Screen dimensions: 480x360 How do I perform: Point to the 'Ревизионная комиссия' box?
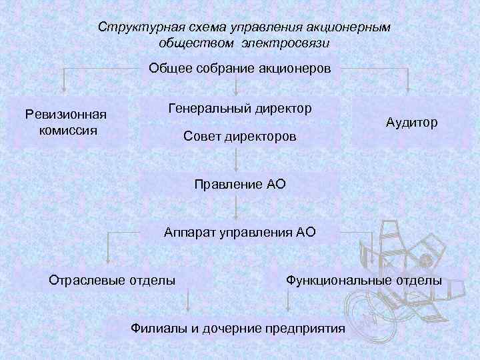point(65,122)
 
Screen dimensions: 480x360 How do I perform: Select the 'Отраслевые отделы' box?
point(113,280)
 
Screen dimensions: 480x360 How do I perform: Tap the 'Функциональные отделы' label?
point(363,280)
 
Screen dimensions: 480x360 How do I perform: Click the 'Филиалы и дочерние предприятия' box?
point(238,329)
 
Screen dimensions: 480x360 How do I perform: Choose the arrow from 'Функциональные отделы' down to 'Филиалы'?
point(288,301)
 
